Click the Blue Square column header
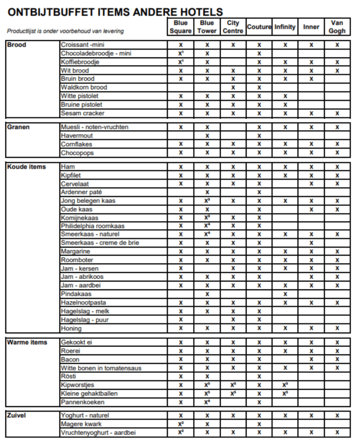tap(181, 27)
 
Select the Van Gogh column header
tap(337, 27)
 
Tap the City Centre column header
tap(233, 27)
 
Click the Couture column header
tap(259, 27)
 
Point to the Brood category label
tap(17, 45)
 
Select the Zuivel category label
tap(17, 415)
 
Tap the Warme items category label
tap(27, 342)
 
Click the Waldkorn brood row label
tap(84, 87)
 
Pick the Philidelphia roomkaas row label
tap(93, 226)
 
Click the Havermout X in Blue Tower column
tap(207, 136)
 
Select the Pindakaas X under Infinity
tap(285, 294)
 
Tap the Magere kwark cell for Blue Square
tap(181, 424)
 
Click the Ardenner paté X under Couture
tap(259, 192)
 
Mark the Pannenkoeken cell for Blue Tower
tap(207, 402)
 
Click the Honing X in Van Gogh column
tap(337, 328)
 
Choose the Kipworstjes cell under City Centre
tap(233, 385)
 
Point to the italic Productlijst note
tap(65, 31)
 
